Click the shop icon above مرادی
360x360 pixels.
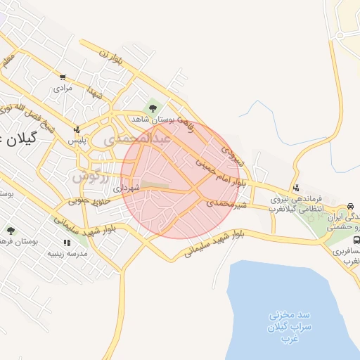click(x=63, y=78)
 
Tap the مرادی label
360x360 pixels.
click(x=63, y=89)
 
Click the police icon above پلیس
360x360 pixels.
click(x=77, y=129)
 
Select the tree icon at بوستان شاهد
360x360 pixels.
click(x=152, y=108)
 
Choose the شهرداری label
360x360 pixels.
click(x=127, y=188)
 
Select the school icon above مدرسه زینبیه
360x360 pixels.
click(x=67, y=243)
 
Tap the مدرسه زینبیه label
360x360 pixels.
click(x=66, y=254)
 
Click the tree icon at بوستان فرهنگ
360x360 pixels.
click(x=10, y=231)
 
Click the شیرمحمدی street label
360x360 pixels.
click(x=227, y=203)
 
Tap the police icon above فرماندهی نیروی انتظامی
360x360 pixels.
click(x=297, y=188)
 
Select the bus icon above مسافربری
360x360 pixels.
click(x=356, y=240)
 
